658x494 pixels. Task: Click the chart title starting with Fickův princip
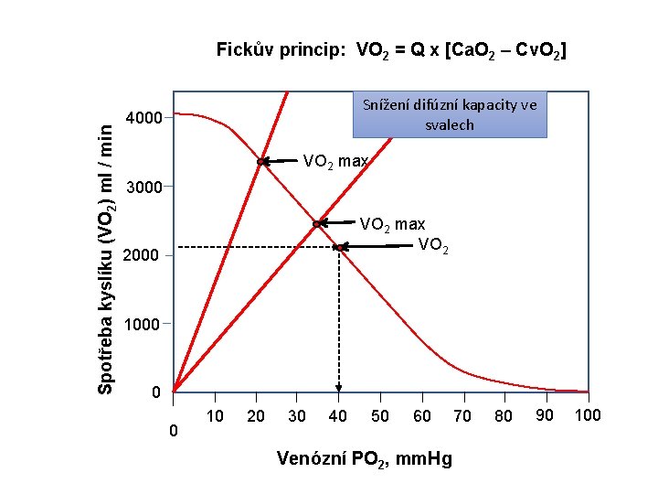pyautogui.click(x=391, y=49)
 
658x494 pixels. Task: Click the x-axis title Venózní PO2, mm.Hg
pyautogui.click(x=364, y=458)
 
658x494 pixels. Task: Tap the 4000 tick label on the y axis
pyautogui.click(x=143, y=118)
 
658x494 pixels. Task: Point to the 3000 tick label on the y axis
pyautogui.click(x=143, y=188)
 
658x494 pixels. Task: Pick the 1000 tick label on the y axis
pyautogui.click(x=142, y=324)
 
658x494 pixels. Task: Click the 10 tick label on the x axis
pyautogui.click(x=216, y=416)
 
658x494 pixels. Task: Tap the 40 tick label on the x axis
pyautogui.click(x=338, y=416)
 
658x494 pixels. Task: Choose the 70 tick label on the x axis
pyautogui.click(x=462, y=416)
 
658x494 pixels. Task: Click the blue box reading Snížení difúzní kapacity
pyautogui.click(x=450, y=114)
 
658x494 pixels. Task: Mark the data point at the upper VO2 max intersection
pyautogui.click(x=261, y=162)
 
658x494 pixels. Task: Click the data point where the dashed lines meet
pyautogui.click(x=338, y=247)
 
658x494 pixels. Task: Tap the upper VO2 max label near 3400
pyautogui.click(x=335, y=162)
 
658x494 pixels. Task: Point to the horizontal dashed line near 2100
pyautogui.click(x=256, y=247)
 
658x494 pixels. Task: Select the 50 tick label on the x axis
pyautogui.click(x=380, y=416)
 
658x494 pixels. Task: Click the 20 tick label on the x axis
pyautogui.click(x=256, y=416)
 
